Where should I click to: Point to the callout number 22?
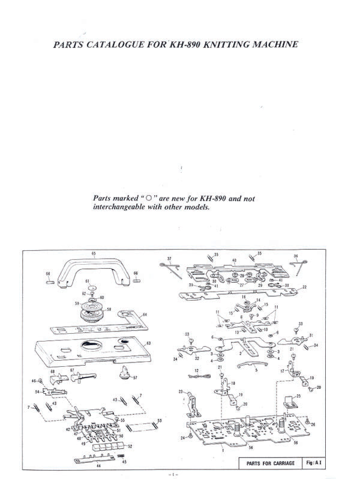304,288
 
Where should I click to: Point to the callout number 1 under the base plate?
223,449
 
